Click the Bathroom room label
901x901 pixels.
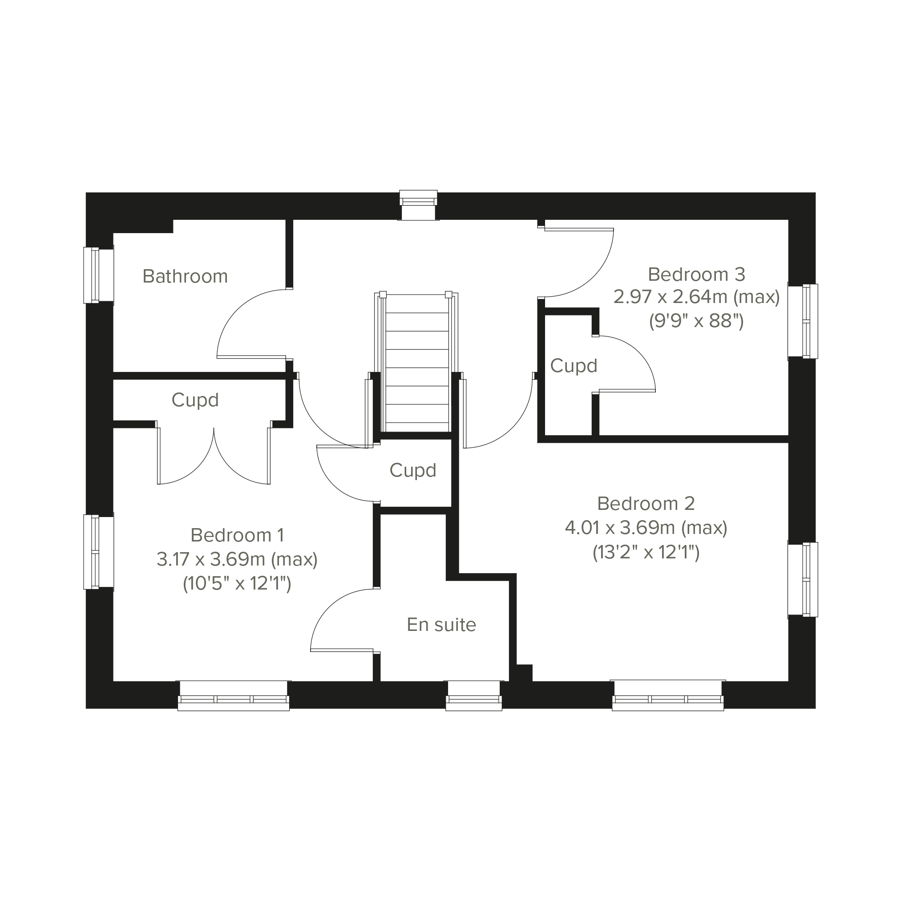click(x=185, y=277)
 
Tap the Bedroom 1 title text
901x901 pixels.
click(x=238, y=535)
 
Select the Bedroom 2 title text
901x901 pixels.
click(x=646, y=503)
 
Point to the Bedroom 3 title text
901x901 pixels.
click(x=697, y=274)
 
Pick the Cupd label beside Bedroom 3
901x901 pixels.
click(x=574, y=366)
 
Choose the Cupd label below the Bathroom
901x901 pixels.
click(x=195, y=400)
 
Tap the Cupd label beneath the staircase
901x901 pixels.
click(x=413, y=470)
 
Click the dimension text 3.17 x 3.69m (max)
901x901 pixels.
click(x=238, y=559)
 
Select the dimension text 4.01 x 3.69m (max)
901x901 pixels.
click(x=646, y=527)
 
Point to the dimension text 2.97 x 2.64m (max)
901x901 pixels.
click(x=697, y=297)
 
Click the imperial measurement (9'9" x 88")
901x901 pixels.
click(x=697, y=321)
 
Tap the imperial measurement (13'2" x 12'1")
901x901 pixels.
click(x=646, y=552)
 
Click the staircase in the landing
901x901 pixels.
click(x=416, y=362)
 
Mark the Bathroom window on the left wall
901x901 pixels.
click(x=98, y=275)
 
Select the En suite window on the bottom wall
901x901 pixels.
click(x=474, y=695)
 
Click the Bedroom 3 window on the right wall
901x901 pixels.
click(x=803, y=321)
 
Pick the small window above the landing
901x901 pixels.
click(x=419, y=205)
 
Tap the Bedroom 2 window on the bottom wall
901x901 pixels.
click(x=668, y=695)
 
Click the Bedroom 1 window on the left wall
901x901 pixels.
click(x=98, y=552)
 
